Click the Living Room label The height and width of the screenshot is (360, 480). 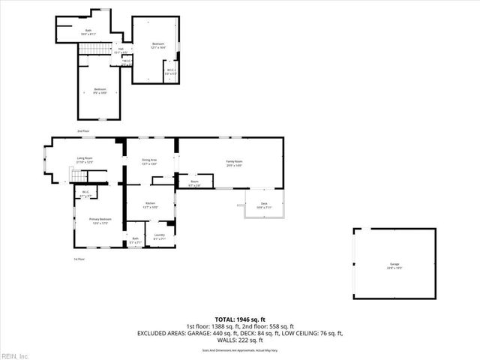(84, 160)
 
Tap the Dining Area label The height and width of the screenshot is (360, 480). (149, 161)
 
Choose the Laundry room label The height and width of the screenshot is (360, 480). (159, 237)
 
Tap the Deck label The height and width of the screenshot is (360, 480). (264, 205)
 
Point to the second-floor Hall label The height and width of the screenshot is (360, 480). (120, 51)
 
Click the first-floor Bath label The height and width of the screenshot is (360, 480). (135, 241)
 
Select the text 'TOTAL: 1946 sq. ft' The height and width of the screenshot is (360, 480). (240, 319)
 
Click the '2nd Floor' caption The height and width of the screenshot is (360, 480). (82, 130)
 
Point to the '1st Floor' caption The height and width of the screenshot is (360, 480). (79, 259)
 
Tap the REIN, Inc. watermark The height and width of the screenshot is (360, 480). (15, 355)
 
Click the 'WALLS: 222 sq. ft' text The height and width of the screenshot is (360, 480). (240, 340)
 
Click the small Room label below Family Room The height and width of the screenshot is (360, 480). (193, 184)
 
